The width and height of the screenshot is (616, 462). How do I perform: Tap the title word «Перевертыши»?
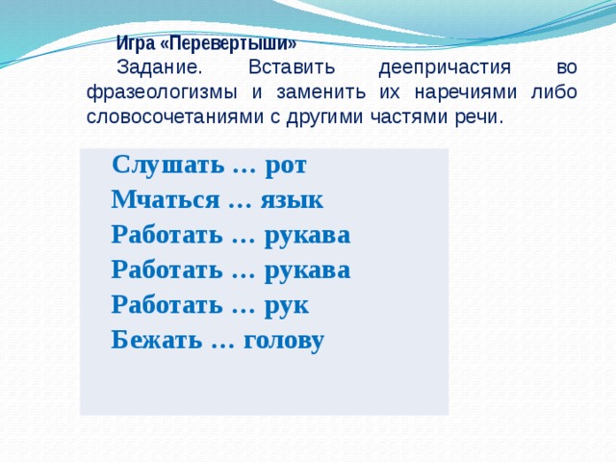[x=229, y=43]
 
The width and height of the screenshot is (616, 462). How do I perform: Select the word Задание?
[x=159, y=68]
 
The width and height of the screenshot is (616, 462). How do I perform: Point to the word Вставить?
[x=292, y=67]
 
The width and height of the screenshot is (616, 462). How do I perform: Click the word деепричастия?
[x=445, y=68]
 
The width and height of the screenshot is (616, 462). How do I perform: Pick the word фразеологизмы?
[x=162, y=93]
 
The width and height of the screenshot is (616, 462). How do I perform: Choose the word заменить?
[x=321, y=92]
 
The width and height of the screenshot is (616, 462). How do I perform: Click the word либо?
[x=554, y=92]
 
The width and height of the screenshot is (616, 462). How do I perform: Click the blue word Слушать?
[x=169, y=165]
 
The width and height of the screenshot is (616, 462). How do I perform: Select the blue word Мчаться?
[x=166, y=199]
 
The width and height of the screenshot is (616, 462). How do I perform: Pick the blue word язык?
[x=292, y=200]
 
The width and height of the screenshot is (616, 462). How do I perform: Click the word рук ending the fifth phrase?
[x=287, y=306]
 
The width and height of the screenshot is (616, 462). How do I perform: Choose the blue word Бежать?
[x=156, y=340]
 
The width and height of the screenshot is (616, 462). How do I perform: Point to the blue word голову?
[x=284, y=341]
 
